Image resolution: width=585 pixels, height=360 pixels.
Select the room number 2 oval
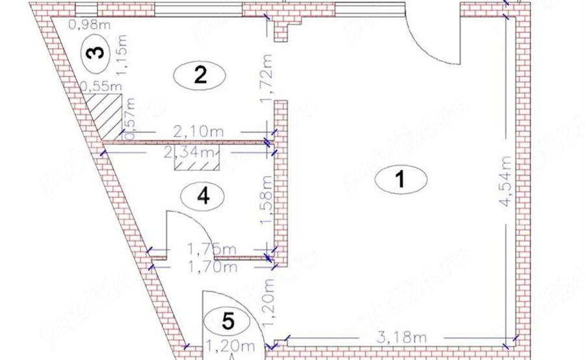(200, 76)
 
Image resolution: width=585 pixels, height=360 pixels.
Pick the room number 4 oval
(203, 196)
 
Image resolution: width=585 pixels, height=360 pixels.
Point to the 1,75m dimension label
(211, 248)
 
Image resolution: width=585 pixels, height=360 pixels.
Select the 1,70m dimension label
(211, 266)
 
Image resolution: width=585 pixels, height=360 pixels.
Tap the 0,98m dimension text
(88, 25)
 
